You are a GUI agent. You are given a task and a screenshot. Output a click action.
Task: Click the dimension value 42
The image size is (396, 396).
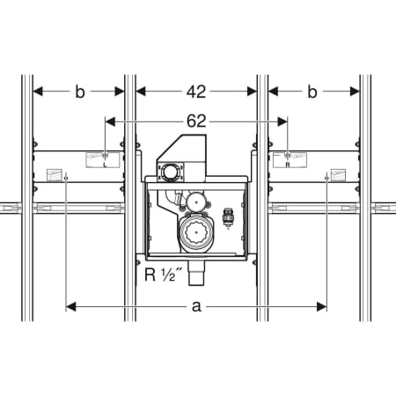tap(196, 92)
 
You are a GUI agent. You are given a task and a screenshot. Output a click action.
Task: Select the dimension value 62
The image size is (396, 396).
tap(196, 121)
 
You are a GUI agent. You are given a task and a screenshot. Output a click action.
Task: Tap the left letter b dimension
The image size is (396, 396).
tap(80, 92)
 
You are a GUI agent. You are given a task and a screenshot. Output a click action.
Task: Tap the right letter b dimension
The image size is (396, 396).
tap(312, 92)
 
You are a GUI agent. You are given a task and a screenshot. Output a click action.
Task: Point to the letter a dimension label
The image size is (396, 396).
tap(196, 307)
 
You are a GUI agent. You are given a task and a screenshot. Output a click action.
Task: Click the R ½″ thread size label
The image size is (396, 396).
tap(163, 275)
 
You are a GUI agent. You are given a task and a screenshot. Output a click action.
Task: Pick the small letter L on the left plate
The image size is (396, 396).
tap(105, 165)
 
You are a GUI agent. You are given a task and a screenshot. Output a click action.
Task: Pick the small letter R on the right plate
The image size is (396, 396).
tap(288, 165)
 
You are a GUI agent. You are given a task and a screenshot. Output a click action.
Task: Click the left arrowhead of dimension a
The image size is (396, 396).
tap(70, 307)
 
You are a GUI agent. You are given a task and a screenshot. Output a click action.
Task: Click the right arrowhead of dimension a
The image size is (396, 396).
tap(322, 307)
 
